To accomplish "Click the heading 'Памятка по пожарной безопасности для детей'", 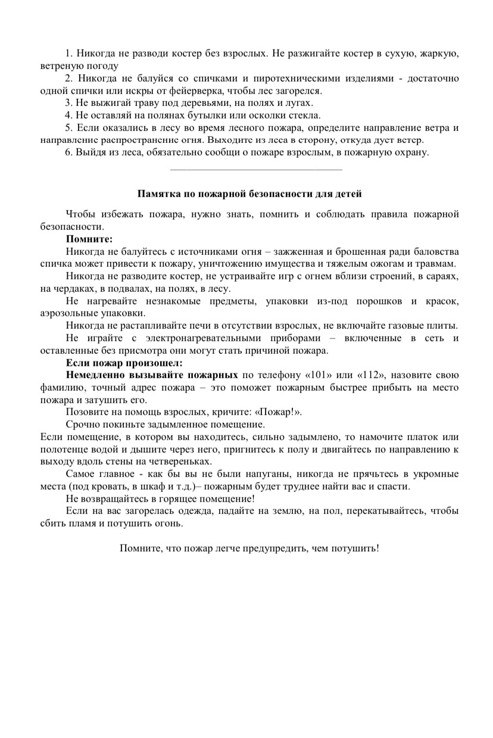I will pos(249,194).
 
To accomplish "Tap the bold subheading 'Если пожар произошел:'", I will pos(124,363).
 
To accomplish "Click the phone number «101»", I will pos(310,375).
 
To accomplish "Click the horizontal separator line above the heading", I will pos(256,170).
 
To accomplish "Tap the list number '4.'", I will pos(69,116).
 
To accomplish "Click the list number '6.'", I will pos(69,152).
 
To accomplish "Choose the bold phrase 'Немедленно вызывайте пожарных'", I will pos(152,375).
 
